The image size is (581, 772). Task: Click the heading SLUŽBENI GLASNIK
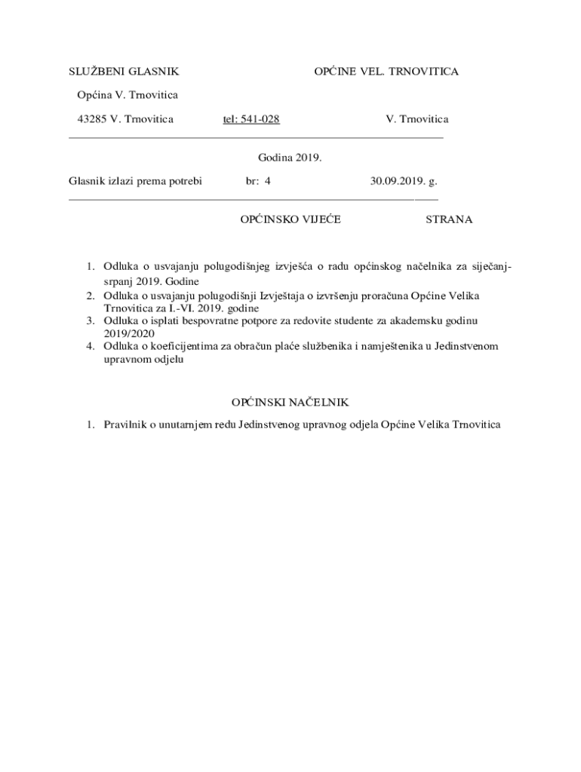(x=124, y=72)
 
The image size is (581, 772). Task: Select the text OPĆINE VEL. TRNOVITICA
(x=386, y=72)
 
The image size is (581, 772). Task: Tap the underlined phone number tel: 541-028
(x=251, y=119)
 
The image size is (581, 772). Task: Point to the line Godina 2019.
(x=290, y=158)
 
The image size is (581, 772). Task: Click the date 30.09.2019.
(x=398, y=182)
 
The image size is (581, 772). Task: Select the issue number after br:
(x=267, y=182)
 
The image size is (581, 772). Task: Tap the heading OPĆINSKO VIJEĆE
(x=290, y=219)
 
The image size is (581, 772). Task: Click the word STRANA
(x=449, y=219)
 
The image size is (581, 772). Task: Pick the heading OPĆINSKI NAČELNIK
(x=290, y=403)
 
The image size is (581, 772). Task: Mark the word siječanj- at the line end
(x=493, y=266)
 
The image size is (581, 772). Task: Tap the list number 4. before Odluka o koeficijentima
(x=89, y=346)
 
